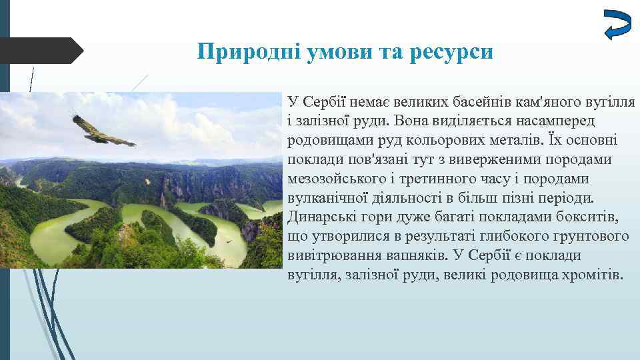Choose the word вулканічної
326,199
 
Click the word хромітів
590,276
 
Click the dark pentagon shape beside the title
40,51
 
